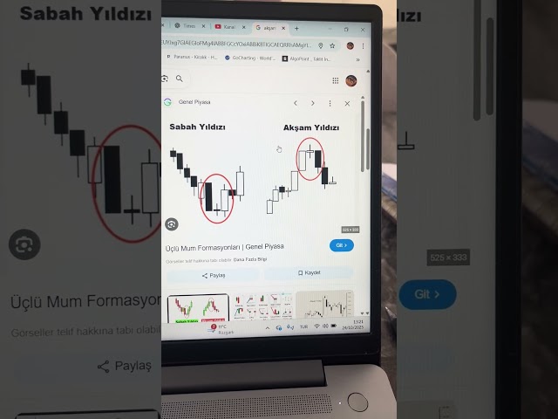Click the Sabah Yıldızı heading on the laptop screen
tap(197, 127)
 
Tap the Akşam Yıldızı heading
tap(310, 127)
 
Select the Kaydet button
tap(308, 273)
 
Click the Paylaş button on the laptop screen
tap(213, 275)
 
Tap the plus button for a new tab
tap(296, 28)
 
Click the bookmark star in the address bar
tap(333, 45)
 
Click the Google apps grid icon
tap(335, 80)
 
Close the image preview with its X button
tap(347, 103)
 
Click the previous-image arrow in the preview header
tap(296, 103)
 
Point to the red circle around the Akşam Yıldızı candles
tap(310, 160)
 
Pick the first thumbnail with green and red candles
tap(197, 309)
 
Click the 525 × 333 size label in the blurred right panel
tap(447, 258)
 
